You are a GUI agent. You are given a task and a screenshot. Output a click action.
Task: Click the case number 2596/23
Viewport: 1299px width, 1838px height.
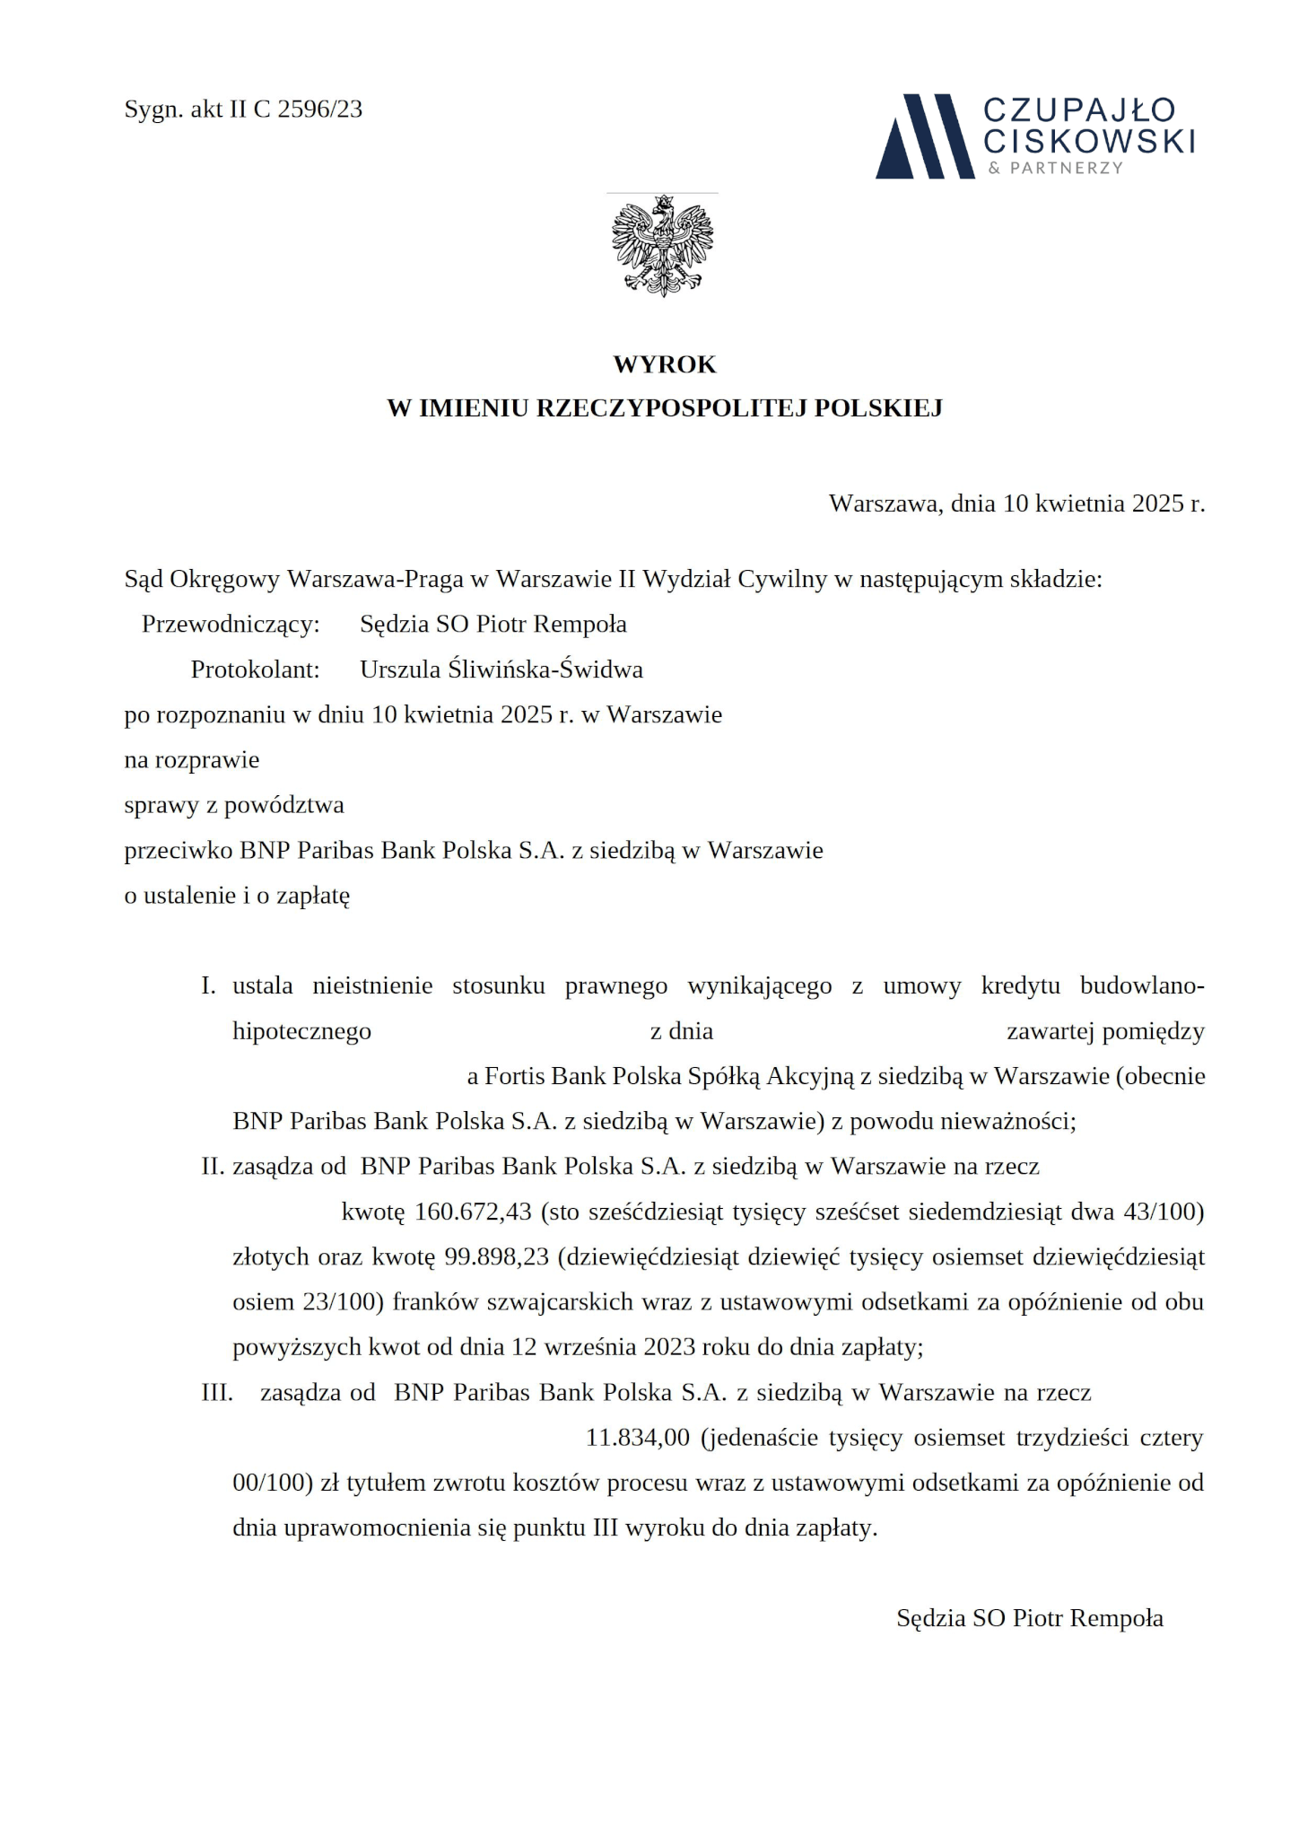320,109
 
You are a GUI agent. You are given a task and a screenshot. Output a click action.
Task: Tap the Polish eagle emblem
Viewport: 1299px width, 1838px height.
662,245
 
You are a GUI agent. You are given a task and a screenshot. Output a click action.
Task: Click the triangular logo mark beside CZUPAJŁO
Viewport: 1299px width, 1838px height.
924,136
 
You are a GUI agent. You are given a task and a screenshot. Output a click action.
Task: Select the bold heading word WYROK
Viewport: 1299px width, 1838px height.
665,364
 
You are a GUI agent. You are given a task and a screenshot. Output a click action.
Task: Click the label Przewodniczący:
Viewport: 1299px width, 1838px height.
231,625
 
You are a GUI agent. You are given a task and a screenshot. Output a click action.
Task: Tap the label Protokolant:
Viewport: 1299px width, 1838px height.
255,670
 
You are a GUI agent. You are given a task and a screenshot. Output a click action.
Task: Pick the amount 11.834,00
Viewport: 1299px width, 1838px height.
638,1437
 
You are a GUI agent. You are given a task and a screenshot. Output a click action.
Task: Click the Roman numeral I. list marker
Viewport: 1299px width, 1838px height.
208,986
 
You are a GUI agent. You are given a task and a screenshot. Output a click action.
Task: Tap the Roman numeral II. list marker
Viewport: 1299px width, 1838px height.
212,1167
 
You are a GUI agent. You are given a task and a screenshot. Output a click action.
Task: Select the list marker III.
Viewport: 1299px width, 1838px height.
216,1392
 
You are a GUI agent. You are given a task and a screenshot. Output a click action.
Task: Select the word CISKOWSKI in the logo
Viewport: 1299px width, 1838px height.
1089,140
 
